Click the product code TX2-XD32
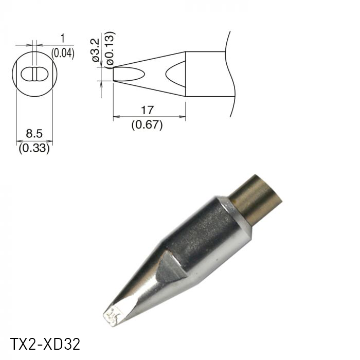(45, 343)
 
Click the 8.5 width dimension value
(34, 134)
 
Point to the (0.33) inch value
(34, 149)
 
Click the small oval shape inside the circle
(34, 74)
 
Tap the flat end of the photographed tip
(112, 314)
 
